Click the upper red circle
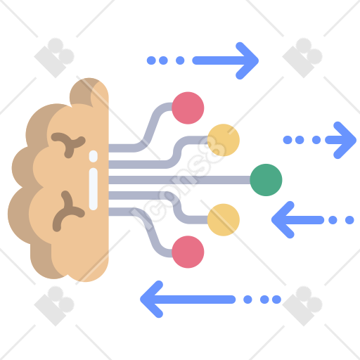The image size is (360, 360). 188,108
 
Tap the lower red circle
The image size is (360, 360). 188,252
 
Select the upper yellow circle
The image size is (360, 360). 224,140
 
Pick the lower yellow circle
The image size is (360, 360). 224,220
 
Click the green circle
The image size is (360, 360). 266,180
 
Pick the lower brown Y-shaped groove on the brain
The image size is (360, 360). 68,210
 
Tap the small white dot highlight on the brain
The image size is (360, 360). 94,156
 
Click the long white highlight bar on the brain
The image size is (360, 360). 94,189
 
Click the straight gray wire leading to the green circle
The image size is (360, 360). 179,180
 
